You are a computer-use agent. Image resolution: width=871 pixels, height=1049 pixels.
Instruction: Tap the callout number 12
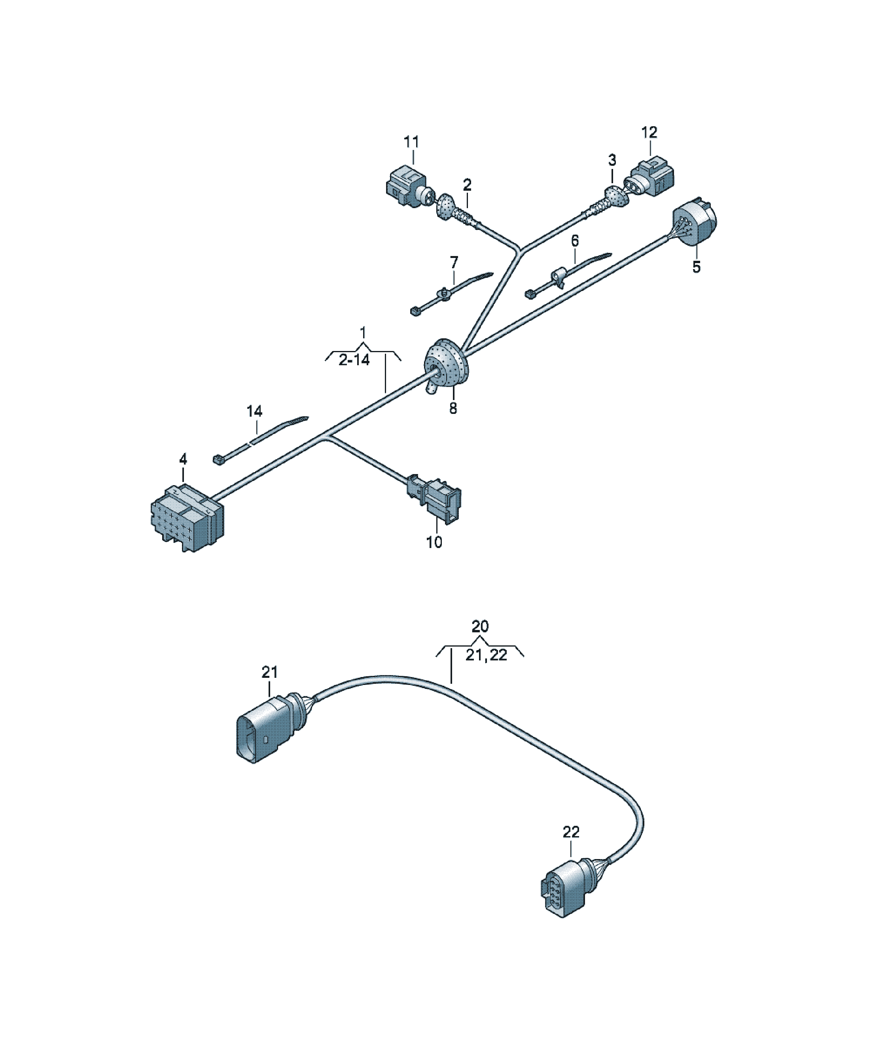649,133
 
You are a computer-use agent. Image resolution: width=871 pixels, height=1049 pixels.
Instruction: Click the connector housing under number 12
650,177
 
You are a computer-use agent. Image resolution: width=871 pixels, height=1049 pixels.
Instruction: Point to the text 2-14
354,359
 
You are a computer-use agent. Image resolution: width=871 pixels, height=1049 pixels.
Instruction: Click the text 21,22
486,655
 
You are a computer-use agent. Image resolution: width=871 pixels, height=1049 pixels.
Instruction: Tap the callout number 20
480,626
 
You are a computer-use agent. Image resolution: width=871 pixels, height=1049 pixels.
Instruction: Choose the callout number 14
254,411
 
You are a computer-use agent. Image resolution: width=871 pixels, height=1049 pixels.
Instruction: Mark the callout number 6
575,241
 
